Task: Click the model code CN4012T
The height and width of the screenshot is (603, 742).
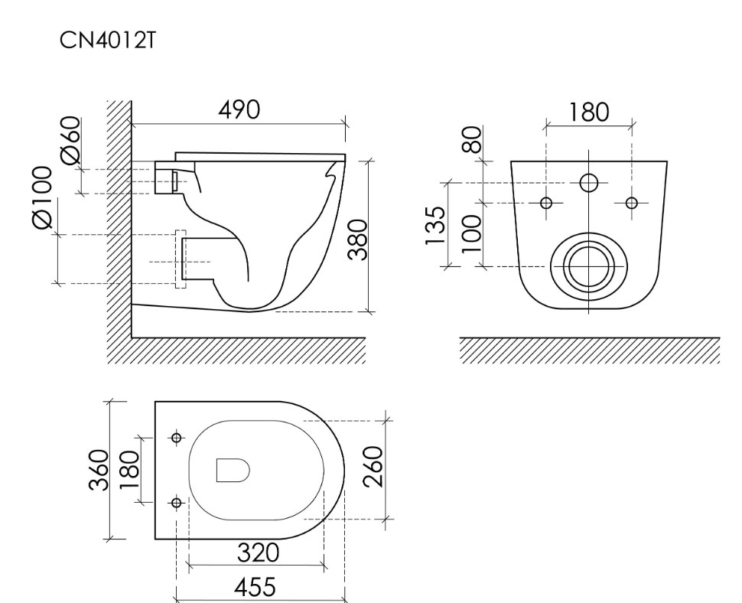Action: pos(107,41)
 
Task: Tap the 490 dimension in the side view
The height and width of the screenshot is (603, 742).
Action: pos(239,109)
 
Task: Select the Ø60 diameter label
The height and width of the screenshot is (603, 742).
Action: pos(71,140)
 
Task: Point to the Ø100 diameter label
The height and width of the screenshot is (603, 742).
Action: pos(41,197)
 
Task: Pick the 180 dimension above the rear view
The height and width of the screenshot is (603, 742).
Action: pos(588,112)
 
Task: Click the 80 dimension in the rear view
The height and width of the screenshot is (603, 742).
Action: pos(472,139)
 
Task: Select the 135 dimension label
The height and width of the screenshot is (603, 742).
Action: pos(435,225)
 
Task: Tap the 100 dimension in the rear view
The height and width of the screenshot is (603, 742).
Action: pos(472,233)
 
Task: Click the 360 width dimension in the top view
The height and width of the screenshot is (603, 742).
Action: pos(99,470)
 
